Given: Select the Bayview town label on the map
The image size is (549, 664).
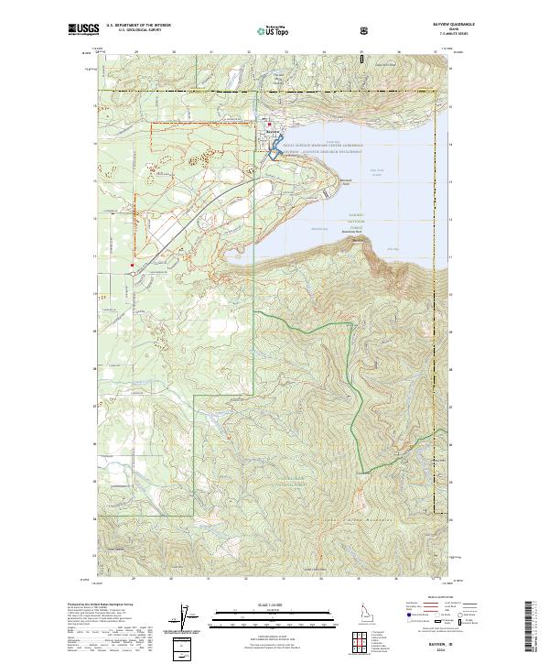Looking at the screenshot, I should pyautogui.click(x=271, y=131).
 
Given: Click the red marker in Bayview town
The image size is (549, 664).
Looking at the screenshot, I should pyautogui.click(x=268, y=125).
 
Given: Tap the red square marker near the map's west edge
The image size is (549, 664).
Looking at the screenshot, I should pyautogui.click(x=133, y=267).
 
